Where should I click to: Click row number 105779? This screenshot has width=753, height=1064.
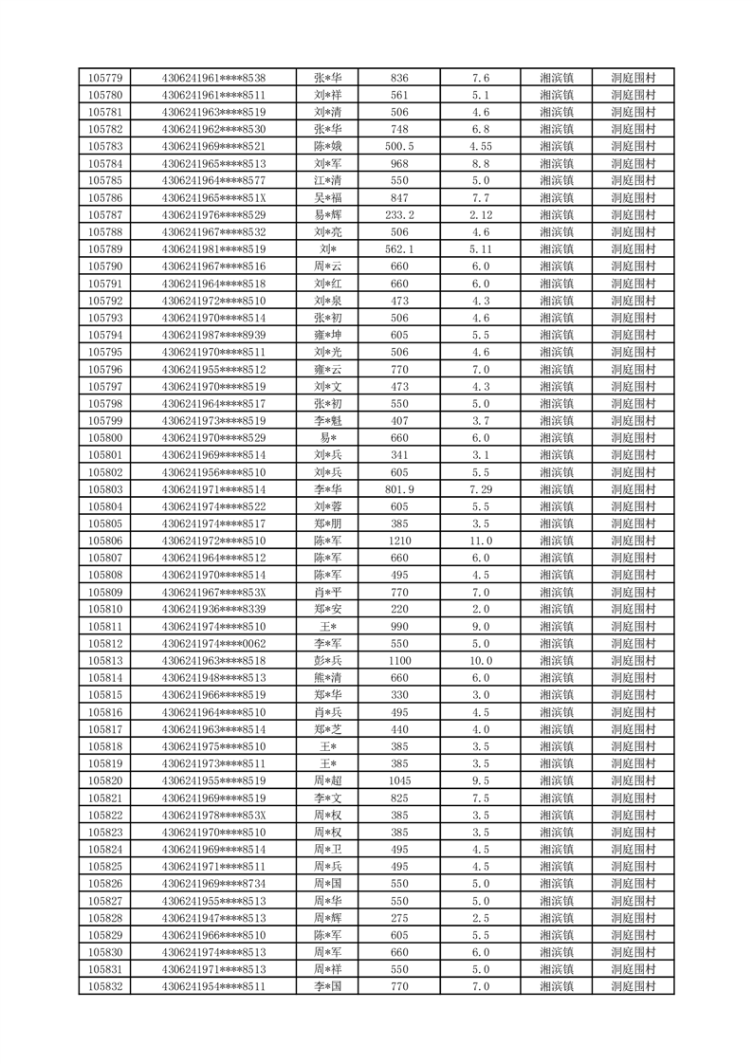click(x=104, y=78)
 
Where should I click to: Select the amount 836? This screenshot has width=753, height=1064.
click(x=399, y=78)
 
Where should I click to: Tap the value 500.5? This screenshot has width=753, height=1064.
click(x=399, y=146)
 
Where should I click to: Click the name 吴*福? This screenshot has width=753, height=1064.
click(x=328, y=197)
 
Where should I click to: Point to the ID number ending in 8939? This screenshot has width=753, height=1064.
click(x=213, y=335)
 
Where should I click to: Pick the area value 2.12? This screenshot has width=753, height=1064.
click(x=480, y=214)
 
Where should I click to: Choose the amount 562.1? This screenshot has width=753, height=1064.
click(x=399, y=248)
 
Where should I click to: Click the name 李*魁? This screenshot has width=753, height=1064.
click(x=328, y=420)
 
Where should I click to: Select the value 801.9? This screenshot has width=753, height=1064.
click(x=399, y=488)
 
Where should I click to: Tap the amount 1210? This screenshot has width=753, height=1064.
click(x=399, y=541)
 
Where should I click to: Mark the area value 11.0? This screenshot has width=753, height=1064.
click(x=480, y=541)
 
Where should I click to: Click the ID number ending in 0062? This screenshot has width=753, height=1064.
click(x=213, y=643)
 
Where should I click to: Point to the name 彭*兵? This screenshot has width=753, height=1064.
click(x=328, y=660)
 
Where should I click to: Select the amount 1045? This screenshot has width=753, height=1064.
click(x=399, y=780)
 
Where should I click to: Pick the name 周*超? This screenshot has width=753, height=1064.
click(x=328, y=780)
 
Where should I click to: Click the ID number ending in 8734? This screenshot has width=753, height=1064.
click(x=213, y=883)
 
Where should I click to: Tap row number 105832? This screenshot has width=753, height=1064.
click(x=104, y=986)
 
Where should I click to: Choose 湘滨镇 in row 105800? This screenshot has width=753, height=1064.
click(x=556, y=437)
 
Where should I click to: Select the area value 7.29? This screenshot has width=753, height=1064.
click(x=480, y=488)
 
